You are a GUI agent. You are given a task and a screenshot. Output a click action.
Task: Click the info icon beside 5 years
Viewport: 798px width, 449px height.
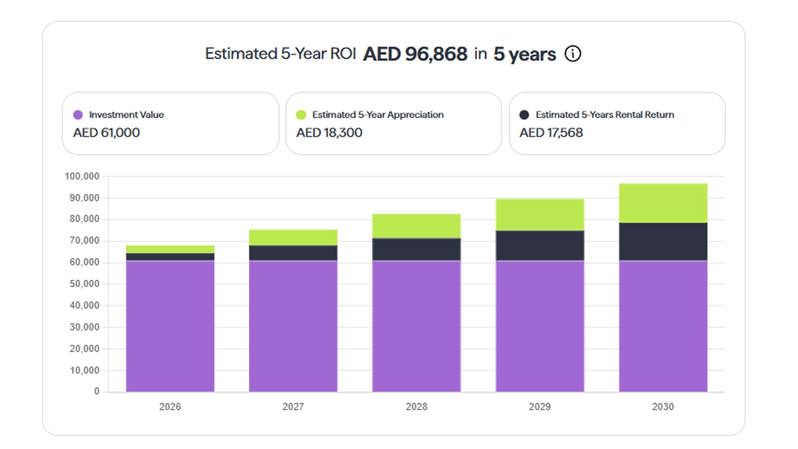(x=573, y=53)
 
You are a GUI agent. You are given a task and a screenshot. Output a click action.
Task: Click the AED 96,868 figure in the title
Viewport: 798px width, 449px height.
(x=415, y=54)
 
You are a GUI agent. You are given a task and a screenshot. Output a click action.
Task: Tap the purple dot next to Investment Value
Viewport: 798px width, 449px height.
(x=78, y=115)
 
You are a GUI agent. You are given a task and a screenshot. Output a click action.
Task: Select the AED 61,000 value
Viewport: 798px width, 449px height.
(x=106, y=133)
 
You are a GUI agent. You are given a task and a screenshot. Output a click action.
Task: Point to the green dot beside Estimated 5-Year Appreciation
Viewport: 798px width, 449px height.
(x=301, y=115)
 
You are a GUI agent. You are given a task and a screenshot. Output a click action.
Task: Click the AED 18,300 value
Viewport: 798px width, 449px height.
(x=329, y=133)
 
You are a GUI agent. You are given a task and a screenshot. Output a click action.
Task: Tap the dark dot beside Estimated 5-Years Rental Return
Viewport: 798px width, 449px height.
(x=524, y=115)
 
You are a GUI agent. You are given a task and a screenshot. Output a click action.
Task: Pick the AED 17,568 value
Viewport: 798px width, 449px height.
(x=551, y=133)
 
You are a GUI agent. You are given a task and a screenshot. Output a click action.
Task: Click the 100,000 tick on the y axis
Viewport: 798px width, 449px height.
(x=82, y=176)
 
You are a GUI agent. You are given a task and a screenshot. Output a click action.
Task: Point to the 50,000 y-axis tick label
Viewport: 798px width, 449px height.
(x=84, y=284)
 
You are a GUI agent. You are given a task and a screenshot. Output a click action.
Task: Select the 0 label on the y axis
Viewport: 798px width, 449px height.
(x=97, y=392)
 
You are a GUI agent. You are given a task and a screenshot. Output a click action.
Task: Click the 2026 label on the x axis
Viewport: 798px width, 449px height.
(x=170, y=407)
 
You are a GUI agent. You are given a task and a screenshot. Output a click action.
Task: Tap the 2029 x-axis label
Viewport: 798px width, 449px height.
(x=540, y=407)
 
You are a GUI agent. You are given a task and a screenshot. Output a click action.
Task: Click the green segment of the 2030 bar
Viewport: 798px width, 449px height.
(x=663, y=203)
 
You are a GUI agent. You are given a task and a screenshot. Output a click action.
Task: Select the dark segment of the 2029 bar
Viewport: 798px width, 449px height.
(x=540, y=245)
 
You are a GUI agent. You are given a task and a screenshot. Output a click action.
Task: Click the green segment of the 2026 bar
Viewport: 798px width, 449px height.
(x=170, y=249)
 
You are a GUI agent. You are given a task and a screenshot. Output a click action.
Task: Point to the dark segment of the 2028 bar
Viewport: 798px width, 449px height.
(x=416, y=249)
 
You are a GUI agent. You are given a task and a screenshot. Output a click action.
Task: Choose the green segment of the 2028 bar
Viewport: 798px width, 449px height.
(x=416, y=226)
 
